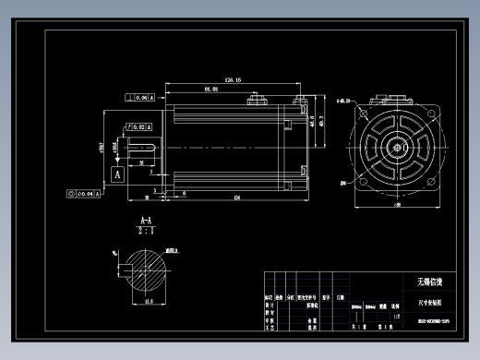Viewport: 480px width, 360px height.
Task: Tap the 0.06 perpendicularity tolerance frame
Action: click(141, 97)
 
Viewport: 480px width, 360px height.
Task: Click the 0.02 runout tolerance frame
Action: click(141, 126)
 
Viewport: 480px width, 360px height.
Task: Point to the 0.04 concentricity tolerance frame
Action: click(84, 194)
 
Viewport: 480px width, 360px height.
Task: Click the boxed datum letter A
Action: click(117, 173)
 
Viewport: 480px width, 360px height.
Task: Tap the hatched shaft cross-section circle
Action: click(146, 275)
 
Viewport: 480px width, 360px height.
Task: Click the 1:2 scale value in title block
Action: click(396, 317)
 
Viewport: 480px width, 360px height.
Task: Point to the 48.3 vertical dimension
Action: click(322, 122)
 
